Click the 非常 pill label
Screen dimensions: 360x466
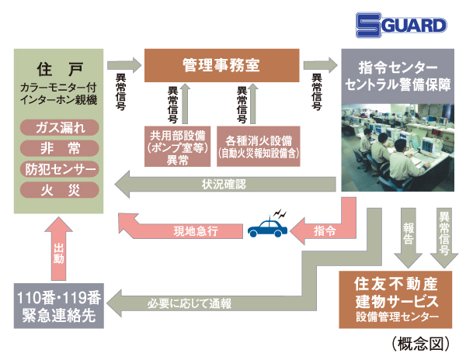60,148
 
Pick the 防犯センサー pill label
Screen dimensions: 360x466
60,169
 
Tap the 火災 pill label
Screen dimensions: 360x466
60,189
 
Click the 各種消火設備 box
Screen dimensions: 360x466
259,145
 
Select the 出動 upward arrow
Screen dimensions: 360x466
59,252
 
